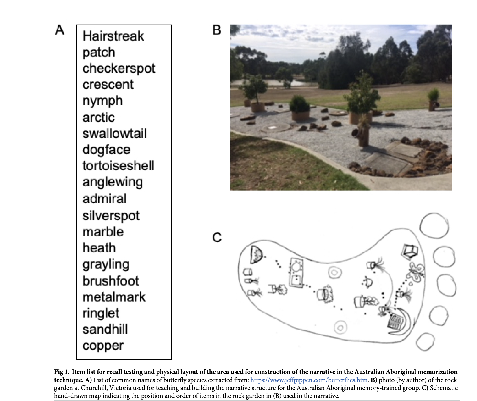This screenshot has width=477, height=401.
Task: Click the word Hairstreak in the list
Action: (x=113, y=36)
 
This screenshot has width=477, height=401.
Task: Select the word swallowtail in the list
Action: (x=115, y=133)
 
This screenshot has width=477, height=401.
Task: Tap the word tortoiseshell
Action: (x=118, y=166)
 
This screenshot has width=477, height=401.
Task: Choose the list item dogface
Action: (x=106, y=150)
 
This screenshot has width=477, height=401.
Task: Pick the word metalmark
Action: (x=114, y=297)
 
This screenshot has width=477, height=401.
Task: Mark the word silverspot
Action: (x=111, y=216)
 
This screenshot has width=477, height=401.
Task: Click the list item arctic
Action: (x=99, y=117)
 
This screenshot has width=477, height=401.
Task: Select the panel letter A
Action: (x=60, y=30)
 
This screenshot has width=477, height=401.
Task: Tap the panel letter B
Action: (x=217, y=30)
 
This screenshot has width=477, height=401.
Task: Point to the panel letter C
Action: (x=217, y=237)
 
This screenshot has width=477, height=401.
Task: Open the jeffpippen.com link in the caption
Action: (x=309, y=380)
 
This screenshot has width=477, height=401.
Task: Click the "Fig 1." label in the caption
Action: (x=62, y=372)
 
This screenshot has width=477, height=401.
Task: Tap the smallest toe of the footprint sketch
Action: (x=425, y=342)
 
